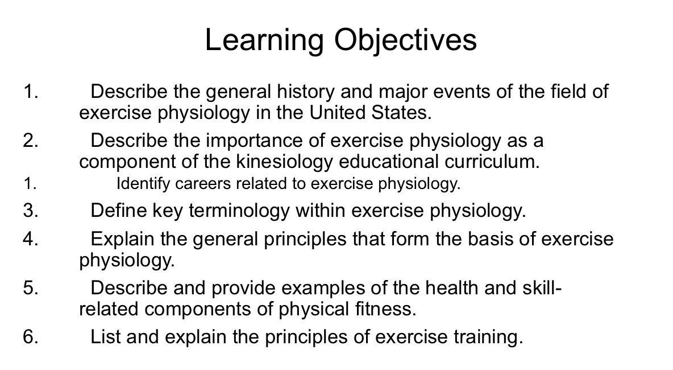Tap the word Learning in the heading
point(265,40)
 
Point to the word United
point(338,112)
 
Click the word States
point(402,112)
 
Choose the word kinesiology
point(284,162)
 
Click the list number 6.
point(31,337)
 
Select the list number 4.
point(31,239)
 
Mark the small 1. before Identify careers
point(31,184)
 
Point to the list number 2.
point(31,141)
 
